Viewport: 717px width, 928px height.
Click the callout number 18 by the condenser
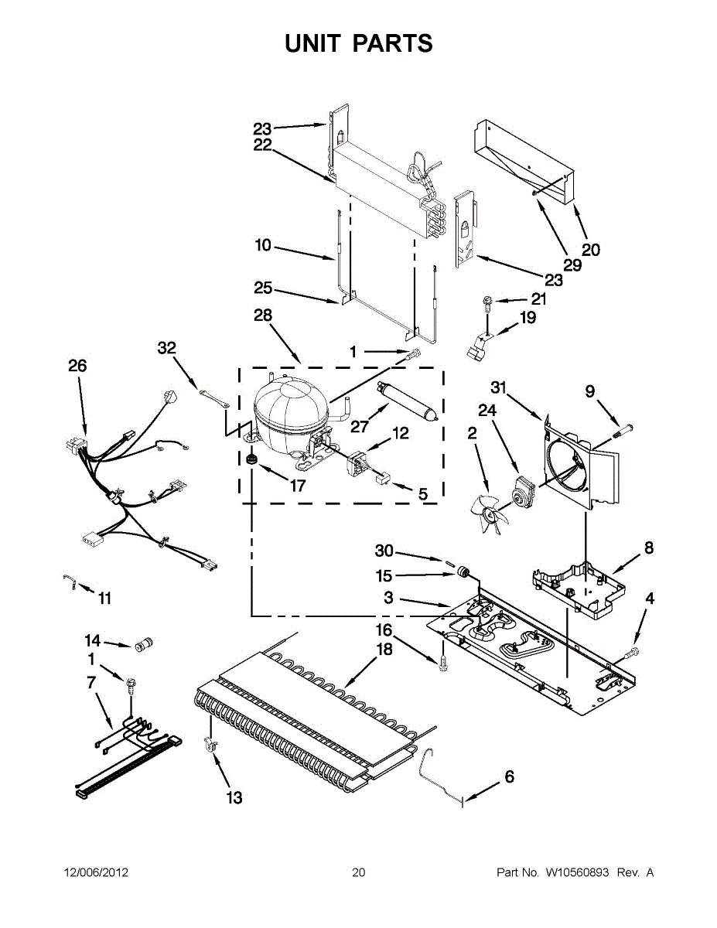tap(384, 650)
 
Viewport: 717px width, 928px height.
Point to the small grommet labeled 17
tap(251, 462)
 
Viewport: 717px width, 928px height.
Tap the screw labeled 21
tap(488, 302)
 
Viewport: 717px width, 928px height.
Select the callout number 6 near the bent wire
tap(509, 777)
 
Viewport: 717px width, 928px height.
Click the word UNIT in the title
tap(312, 43)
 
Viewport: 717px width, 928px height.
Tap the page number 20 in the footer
tap(358, 872)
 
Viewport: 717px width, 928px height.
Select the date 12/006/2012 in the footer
tap(95, 872)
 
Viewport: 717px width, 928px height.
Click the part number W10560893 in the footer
tap(578, 872)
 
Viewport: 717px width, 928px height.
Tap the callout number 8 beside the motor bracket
tap(648, 548)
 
